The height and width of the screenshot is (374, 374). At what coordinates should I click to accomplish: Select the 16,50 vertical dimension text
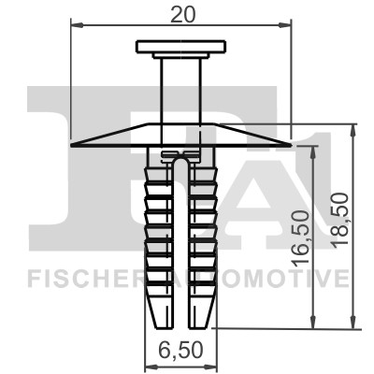pos(302,238)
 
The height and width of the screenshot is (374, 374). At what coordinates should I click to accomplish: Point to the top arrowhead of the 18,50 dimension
pos(353,129)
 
